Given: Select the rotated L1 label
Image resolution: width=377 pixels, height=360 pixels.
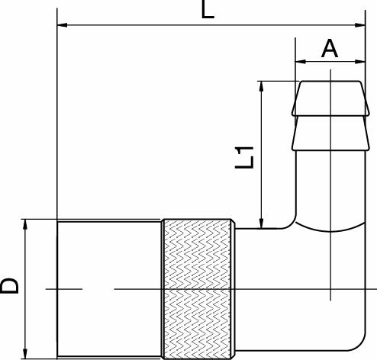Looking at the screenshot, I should click(x=245, y=157).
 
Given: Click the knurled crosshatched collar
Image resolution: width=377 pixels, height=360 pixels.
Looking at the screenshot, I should click(x=198, y=288).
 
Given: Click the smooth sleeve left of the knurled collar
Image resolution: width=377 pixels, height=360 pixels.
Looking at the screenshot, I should click(x=109, y=288).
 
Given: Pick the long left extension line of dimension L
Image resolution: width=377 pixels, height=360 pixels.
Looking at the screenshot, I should click(x=57, y=114).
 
